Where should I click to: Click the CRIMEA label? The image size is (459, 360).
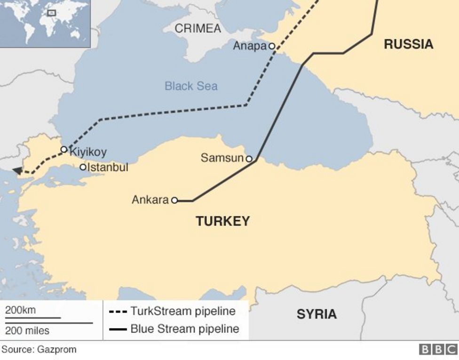pos(198,29)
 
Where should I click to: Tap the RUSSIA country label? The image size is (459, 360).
pos(408,45)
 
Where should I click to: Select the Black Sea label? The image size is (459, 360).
pos(191,86)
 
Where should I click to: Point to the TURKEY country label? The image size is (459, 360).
pos(222,221)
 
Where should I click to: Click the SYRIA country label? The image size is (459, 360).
pos(317,314)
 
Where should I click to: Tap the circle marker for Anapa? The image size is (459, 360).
pos(271,46)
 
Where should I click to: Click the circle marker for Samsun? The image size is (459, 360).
pos(249,159)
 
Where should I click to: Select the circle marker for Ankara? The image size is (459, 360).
pos(174,200)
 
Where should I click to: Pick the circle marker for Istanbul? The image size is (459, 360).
pos(83,167)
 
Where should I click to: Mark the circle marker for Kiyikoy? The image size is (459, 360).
pos(64,150)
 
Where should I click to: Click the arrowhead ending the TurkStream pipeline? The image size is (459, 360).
pos(17,171)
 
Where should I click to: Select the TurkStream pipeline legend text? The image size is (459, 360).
pos(183,312)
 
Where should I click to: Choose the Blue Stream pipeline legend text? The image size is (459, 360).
pos(184,329)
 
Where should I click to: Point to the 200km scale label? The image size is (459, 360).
pos(20,310)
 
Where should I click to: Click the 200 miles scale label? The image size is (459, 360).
pos(27,331)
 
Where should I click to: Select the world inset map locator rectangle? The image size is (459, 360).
pos(52,13)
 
